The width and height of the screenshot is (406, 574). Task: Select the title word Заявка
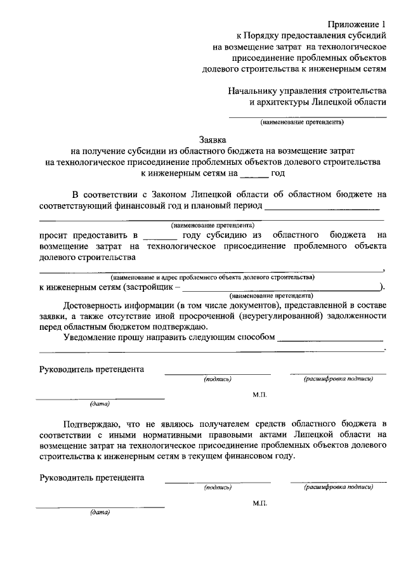pyautogui.click(x=212, y=138)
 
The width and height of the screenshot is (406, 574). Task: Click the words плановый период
pyautogui.click(x=225, y=205)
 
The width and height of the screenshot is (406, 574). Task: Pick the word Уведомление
pyautogui.click(x=93, y=337)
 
